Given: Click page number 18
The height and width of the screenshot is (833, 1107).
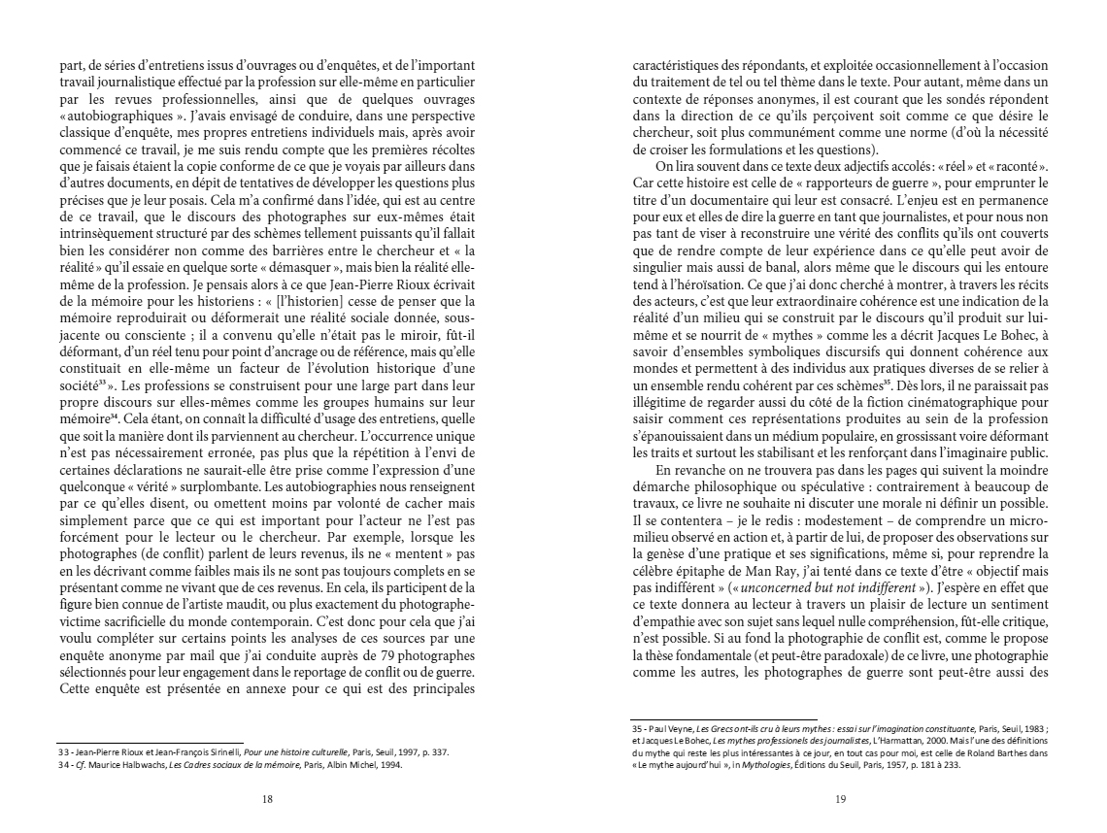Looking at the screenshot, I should coord(267,799).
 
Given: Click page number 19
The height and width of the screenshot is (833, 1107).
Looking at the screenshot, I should coord(840,799).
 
